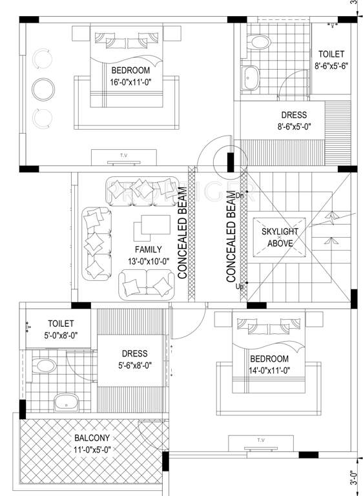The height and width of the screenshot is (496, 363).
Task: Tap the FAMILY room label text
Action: coord(148,249)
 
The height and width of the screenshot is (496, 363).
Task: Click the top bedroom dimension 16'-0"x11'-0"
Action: coord(130,82)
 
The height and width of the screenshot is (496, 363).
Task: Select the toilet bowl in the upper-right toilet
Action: coord(260,42)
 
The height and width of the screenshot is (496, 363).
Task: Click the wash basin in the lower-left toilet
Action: coord(67,403)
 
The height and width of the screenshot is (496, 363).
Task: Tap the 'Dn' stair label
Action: coord(240,194)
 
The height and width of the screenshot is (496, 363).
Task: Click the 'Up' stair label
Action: coord(240,286)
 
